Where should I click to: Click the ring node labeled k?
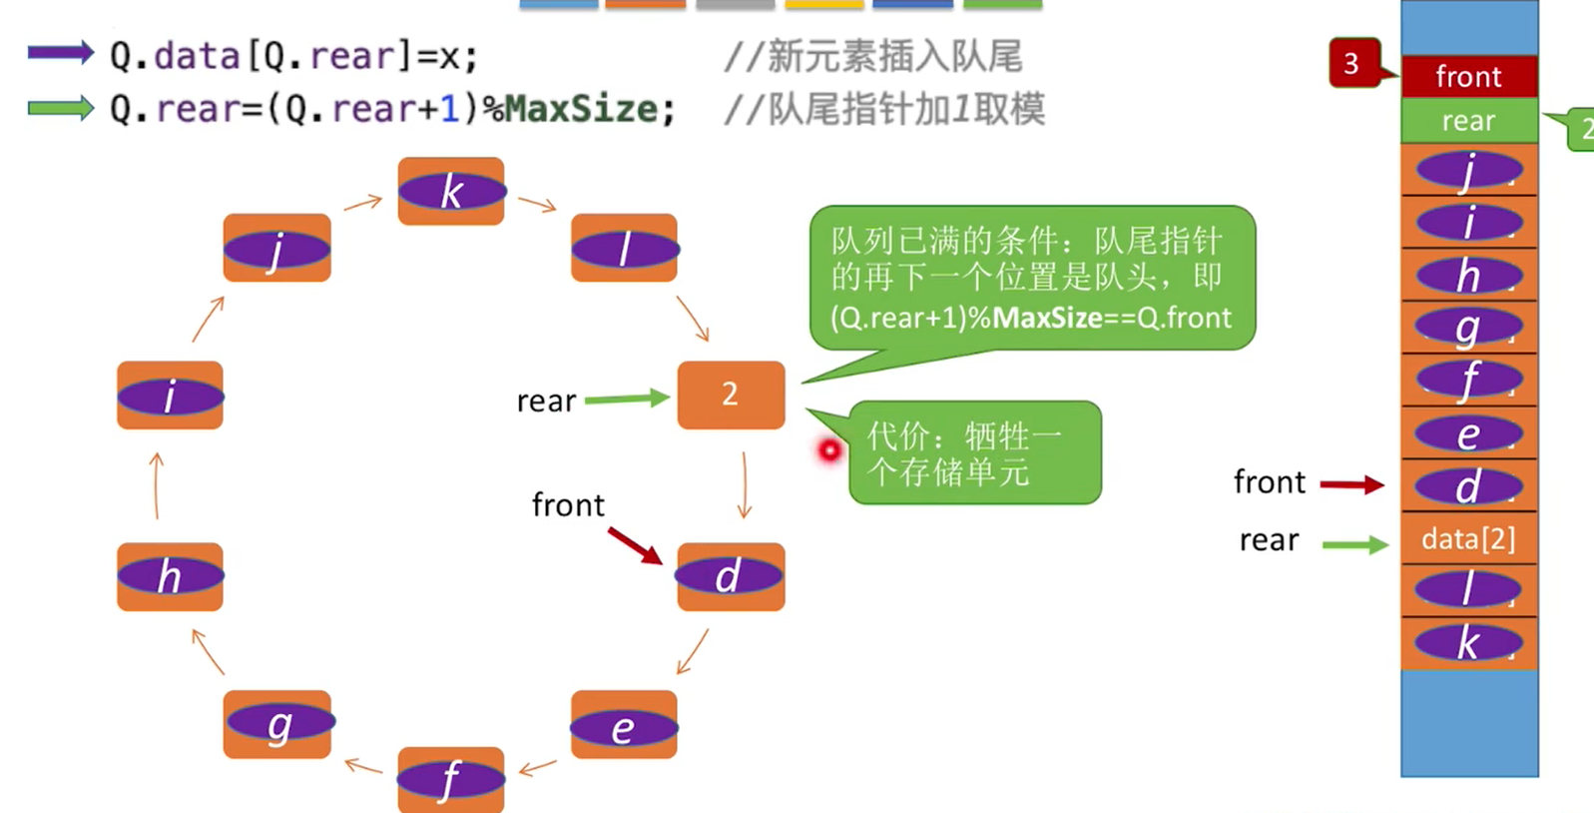click(451, 191)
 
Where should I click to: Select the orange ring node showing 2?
click(731, 395)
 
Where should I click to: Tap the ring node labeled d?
click(731, 576)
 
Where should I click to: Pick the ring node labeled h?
click(170, 576)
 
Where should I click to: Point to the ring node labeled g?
click(277, 724)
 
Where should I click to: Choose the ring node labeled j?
click(276, 248)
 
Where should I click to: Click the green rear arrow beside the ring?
click(626, 399)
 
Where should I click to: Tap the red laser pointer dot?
click(829, 451)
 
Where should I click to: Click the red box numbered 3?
click(1352, 63)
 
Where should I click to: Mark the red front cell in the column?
click(1468, 77)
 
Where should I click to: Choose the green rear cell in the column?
click(1468, 121)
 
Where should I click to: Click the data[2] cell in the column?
click(1468, 539)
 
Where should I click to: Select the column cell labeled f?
click(1468, 381)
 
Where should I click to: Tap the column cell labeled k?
click(1468, 642)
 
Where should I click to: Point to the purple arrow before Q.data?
click(60, 53)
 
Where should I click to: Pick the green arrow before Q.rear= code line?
click(60, 107)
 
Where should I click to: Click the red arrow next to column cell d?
click(1352, 485)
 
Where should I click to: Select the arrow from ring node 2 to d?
click(745, 484)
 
